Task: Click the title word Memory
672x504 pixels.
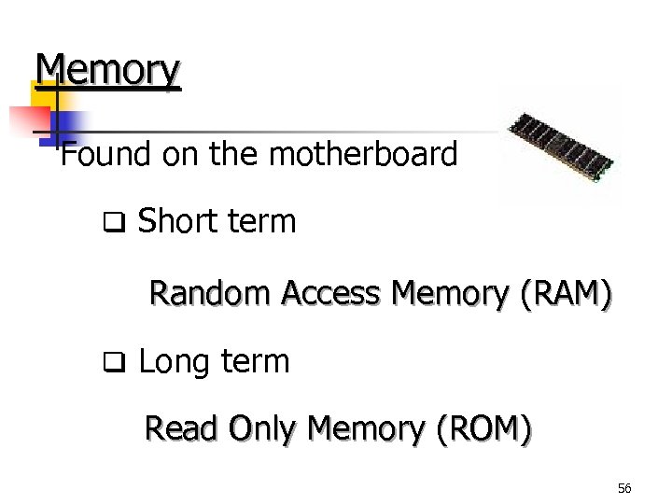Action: (x=107, y=71)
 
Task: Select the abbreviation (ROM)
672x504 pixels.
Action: (x=484, y=429)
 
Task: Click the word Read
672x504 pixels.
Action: (x=181, y=429)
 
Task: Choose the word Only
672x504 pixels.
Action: (x=262, y=429)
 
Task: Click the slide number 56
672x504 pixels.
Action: (x=624, y=488)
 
